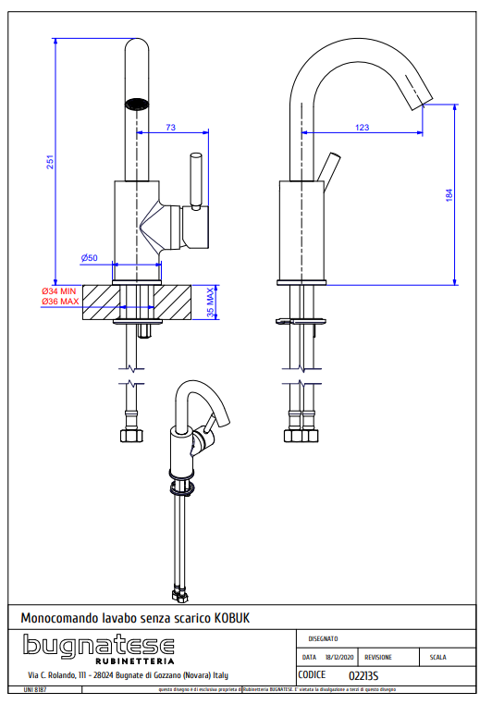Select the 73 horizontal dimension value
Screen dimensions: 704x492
pyautogui.click(x=169, y=128)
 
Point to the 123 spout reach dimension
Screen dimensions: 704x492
pyautogui.click(x=362, y=128)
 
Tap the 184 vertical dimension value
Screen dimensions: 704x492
pyautogui.click(x=449, y=195)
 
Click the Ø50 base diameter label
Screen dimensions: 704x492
pyautogui.click(x=89, y=256)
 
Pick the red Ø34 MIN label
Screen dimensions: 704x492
pyautogui.click(x=60, y=290)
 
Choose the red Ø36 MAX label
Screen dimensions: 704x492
pyautogui.click(x=60, y=302)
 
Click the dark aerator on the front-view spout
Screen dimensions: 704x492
pyautogui.click(x=136, y=103)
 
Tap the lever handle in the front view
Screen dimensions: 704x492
pyautogui.click(x=195, y=180)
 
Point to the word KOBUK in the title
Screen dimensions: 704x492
pyautogui.click(x=232, y=617)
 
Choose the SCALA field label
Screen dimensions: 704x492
pyautogui.click(x=437, y=658)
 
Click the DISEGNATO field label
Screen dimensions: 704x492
pyautogui.click(x=323, y=638)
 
